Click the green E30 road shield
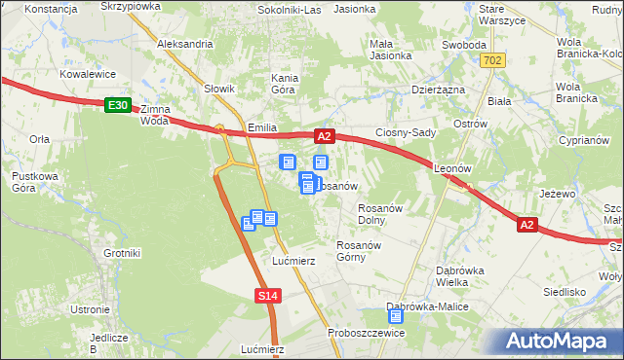[x=117, y=105]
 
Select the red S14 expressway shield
[x=269, y=295]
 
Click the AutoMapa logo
[x=561, y=342]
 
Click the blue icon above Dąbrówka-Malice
[x=396, y=315]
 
